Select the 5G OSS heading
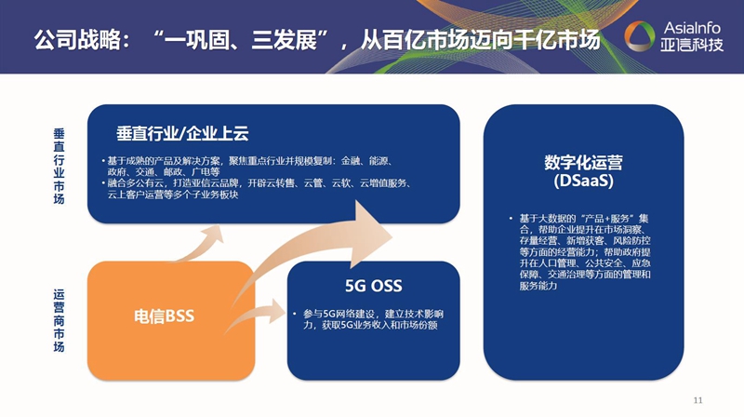pyautogui.click(x=373, y=285)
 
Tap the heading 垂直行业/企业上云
pyautogui.click(x=182, y=132)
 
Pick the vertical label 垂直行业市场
pyautogui.click(x=60, y=166)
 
